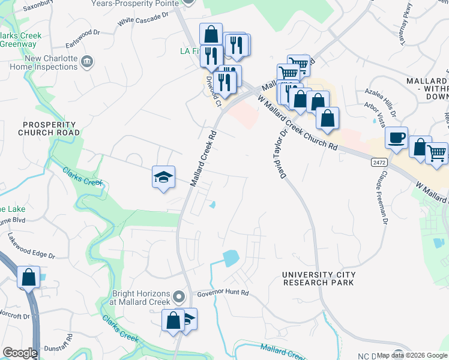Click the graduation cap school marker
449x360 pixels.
pos(163,177)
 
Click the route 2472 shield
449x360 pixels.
pos(378,162)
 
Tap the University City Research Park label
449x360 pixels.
pos(319,278)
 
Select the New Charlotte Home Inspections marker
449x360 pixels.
pos(87,61)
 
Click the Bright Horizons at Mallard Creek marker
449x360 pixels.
pos(178,297)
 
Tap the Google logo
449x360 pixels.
pos(20,353)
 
